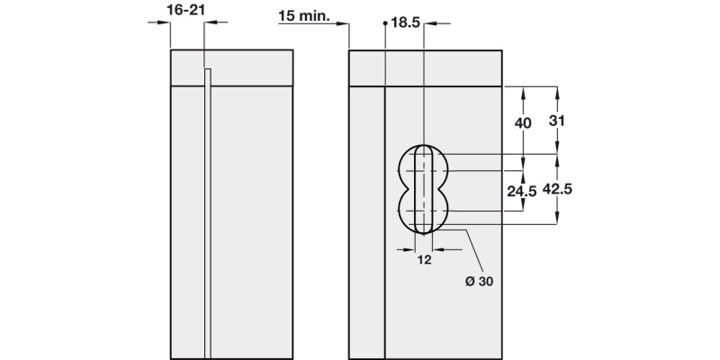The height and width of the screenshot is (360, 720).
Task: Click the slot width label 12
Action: (426, 260)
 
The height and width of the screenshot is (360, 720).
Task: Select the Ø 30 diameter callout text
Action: (478, 281)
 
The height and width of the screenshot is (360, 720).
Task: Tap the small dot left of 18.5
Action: (385, 23)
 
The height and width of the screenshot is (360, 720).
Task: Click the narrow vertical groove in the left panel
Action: (208, 216)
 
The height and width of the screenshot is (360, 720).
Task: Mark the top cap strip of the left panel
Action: (232, 67)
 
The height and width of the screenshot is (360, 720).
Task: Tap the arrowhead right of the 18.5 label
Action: (444, 23)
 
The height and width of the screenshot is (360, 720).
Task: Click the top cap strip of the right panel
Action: (424, 67)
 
